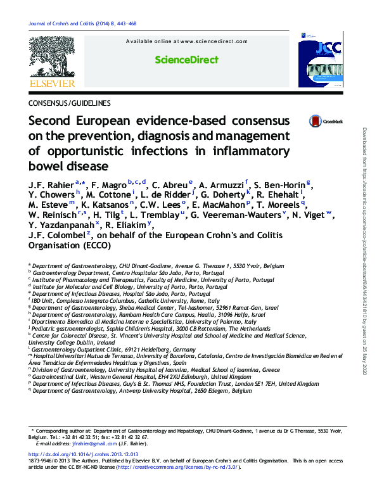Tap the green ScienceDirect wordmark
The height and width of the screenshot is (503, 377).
[x=187, y=60]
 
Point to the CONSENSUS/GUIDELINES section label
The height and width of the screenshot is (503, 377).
[x=70, y=103]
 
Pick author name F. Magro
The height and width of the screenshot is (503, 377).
[x=110, y=184]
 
